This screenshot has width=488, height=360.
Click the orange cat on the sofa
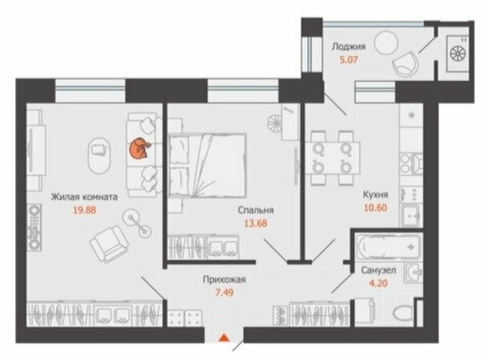140,148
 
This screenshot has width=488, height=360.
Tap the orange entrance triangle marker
223,338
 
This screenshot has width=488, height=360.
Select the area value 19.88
85,210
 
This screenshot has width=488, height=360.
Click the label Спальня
255,210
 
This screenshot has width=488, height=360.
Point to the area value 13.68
255,223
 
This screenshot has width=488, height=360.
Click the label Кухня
375,195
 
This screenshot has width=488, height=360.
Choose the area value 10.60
375,208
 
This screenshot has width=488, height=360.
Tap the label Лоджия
349,46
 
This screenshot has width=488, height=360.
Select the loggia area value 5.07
349,59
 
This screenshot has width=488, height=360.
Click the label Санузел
378,271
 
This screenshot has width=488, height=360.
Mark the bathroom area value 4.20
378,283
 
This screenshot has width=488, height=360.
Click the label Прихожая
224,279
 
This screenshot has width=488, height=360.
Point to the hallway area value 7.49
225,293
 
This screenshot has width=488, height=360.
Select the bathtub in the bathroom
389,247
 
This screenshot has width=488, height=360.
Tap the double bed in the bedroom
207,165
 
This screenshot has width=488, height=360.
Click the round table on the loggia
386,43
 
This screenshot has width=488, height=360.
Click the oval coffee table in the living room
100,155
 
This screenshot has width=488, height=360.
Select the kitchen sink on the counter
411,215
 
